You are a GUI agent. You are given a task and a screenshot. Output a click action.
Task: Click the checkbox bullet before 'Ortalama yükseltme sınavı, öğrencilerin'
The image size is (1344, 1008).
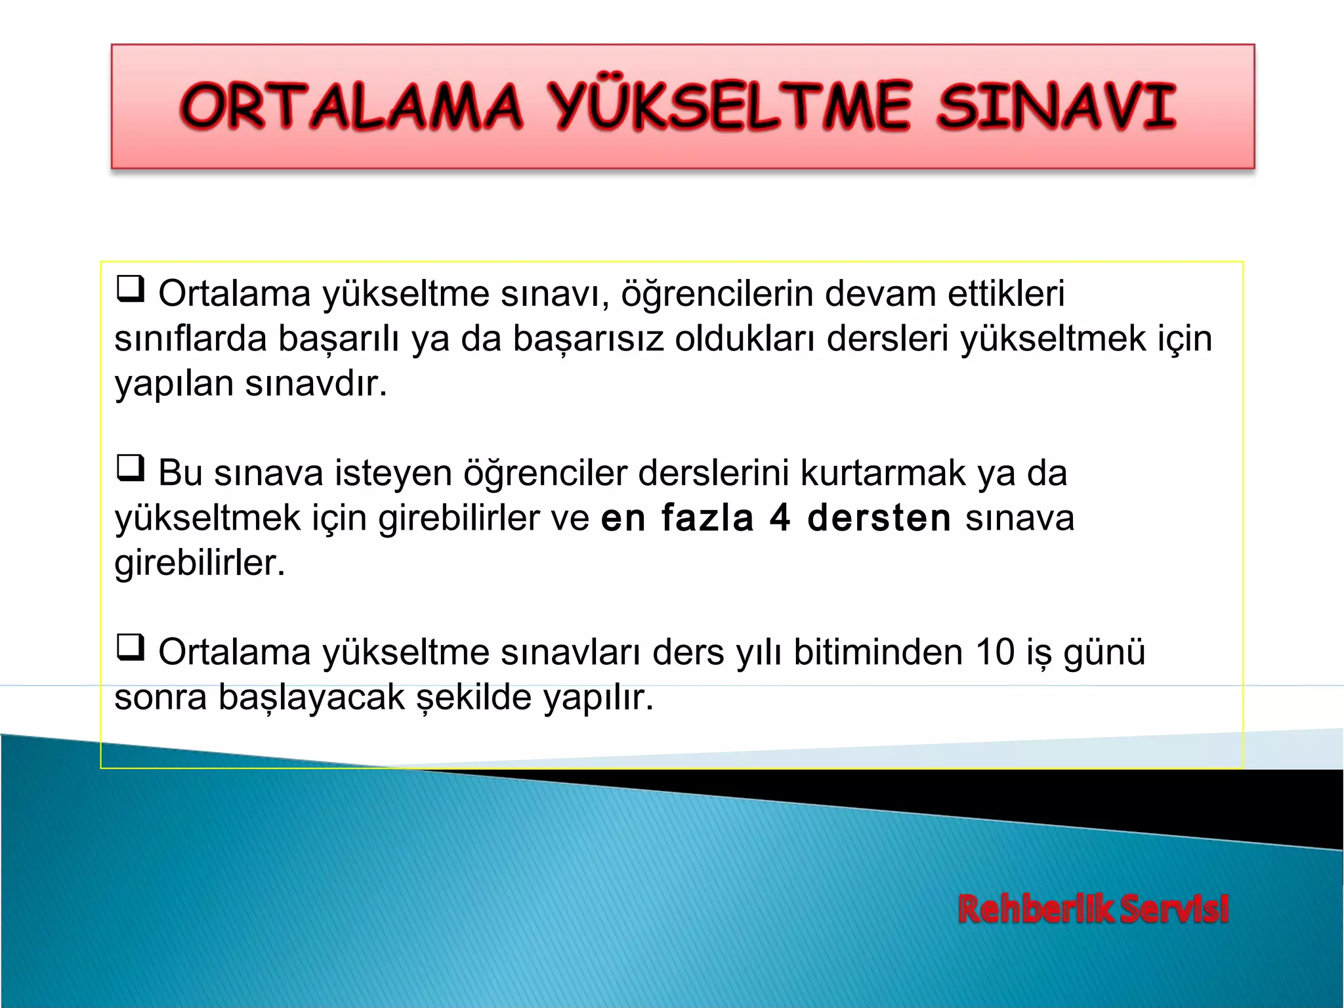tap(130, 289)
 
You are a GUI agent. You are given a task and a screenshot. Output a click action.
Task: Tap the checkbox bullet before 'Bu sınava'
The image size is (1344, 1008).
tap(130, 469)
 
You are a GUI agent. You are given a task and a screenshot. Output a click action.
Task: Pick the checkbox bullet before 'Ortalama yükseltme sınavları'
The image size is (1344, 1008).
tap(130, 648)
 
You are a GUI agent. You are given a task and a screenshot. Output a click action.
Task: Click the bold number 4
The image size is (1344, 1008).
tap(779, 518)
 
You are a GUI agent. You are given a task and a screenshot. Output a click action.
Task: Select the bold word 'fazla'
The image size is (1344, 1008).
tap(707, 518)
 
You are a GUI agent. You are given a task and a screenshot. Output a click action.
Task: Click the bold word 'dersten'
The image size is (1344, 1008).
tap(879, 518)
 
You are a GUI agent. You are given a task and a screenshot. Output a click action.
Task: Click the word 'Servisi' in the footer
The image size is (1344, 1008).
tap(1174, 910)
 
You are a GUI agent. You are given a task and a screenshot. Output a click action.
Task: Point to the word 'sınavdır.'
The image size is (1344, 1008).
tap(316, 383)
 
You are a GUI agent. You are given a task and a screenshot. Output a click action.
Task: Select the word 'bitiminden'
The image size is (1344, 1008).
tap(878, 652)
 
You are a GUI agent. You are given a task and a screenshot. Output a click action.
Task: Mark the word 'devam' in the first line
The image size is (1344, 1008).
tap(880, 293)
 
